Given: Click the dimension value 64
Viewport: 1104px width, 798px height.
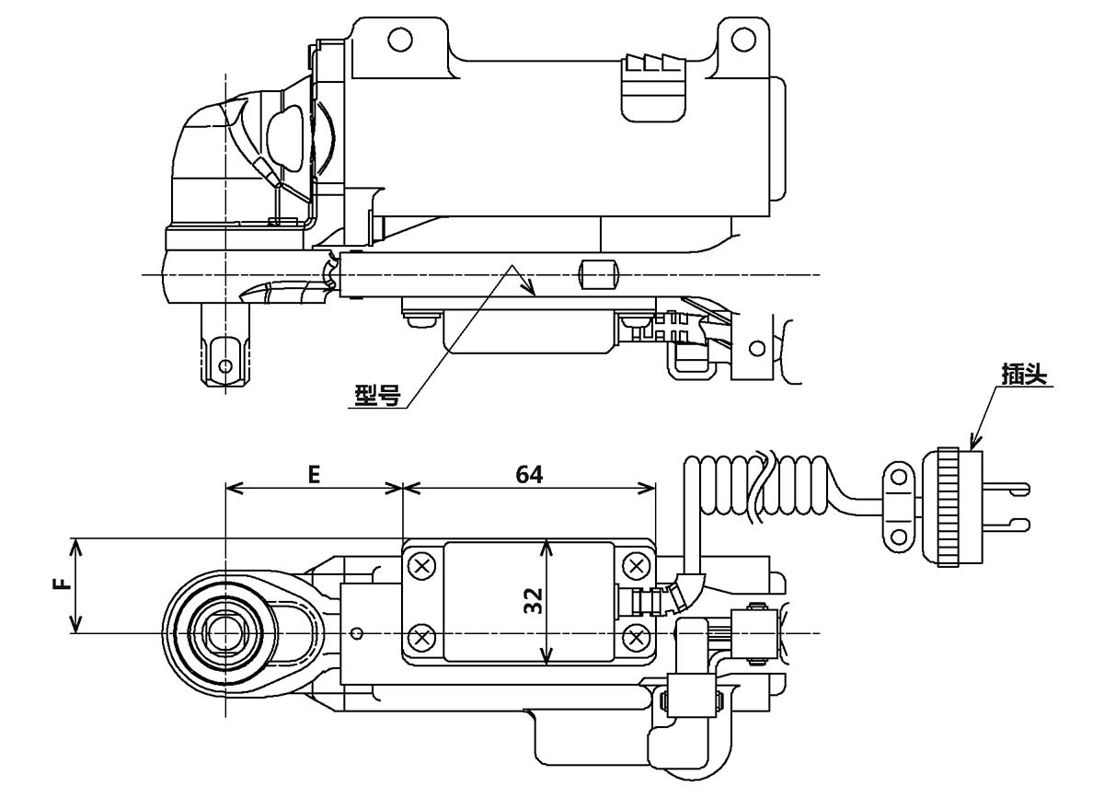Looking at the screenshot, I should (x=530, y=474).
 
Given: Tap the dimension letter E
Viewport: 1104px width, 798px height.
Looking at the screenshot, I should (x=314, y=474).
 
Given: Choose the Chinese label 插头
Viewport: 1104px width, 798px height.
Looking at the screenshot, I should (x=1026, y=376).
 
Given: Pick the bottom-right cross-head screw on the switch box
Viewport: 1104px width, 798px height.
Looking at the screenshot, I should (x=635, y=635).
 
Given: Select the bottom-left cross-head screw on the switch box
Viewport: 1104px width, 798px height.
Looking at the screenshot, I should (x=422, y=635).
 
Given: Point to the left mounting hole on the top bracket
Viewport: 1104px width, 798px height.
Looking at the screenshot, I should (x=398, y=40).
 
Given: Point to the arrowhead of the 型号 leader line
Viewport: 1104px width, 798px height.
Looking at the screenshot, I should (x=530, y=292).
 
